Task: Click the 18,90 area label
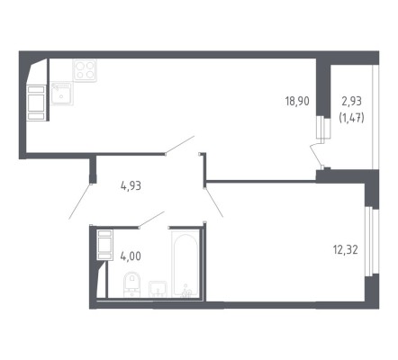pyautogui.click(x=297, y=101)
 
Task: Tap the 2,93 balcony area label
pyautogui.click(x=352, y=101)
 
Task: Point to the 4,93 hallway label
pyautogui.click(x=131, y=186)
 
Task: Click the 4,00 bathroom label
pyautogui.click(x=131, y=256)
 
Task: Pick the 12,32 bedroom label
pyautogui.click(x=346, y=249)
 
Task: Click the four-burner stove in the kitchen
pyautogui.click(x=86, y=70)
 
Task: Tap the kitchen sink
pyautogui.click(x=61, y=94)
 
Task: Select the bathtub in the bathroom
pyautogui.click(x=185, y=264)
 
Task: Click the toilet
pyautogui.click(x=132, y=284)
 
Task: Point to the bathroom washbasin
pyautogui.click(x=158, y=289)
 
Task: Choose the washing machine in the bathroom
pyautogui.click(x=104, y=245)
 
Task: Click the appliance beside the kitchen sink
pyautogui.click(x=37, y=103)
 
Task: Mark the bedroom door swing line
pyautogui.click(x=213, y=202)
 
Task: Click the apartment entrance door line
pyautogui.click(x=79, y=202)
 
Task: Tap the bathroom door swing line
pyautogui.click(x=151, y=220)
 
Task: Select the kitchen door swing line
pyautogui.click(x=180, y=145)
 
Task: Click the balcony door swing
pyautogui.click(x=316, y=156)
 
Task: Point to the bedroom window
pyautogui.click(x=369, y=241)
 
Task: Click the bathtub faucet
pyautogui.click(x=186, y=292)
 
